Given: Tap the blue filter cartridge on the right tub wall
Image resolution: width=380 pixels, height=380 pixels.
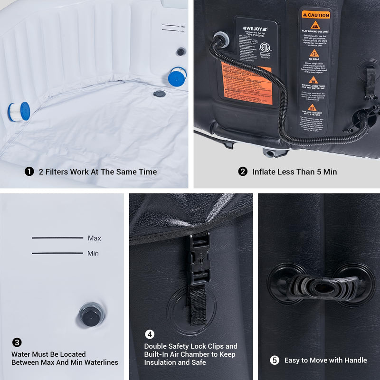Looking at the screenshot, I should pos(178,76).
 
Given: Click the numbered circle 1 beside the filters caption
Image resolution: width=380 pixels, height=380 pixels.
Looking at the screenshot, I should pos(29,171).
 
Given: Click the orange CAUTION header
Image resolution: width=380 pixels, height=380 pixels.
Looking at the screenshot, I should pos(314,15).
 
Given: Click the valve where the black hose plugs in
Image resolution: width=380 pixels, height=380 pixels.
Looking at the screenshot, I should pos(219,38).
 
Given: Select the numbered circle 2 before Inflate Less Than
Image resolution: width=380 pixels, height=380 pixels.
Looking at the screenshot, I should pos(243,171).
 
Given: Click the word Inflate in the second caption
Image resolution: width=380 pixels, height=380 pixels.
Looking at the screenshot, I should pos(264,171).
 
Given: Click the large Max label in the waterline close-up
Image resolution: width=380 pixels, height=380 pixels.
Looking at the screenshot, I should pos(95,238).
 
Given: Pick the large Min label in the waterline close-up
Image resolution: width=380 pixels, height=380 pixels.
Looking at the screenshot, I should pos(93,253).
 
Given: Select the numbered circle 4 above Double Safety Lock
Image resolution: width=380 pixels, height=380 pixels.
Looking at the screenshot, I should pos(149,334).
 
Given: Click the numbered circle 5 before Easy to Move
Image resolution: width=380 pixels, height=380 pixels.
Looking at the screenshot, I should pos(275,360).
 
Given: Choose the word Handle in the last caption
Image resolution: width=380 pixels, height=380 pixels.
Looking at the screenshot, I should pos(355,360).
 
